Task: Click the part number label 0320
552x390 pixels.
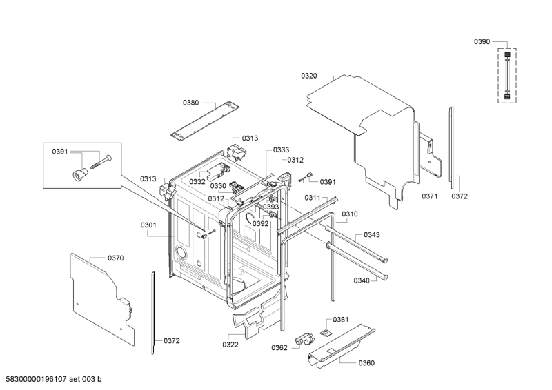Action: (308, 76)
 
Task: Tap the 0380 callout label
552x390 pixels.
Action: (190, 103)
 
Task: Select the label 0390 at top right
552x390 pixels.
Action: (482, 41)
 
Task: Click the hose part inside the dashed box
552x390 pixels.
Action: (507, 76)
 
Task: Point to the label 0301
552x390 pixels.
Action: (148, 225)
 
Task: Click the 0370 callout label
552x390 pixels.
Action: (115, 258)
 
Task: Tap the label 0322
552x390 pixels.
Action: (230, 345)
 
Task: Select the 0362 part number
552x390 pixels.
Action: (279, 348)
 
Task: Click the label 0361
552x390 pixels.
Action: (340, 319)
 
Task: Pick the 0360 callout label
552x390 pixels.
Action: (366, 363)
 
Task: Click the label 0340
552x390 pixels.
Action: (362, 280)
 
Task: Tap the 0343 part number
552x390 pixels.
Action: (372, 234)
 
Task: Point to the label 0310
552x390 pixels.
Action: (350, 214)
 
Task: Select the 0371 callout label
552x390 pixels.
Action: (429, 196)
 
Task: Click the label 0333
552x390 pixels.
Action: (281, 150)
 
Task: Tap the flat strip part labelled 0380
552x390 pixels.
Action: (205, 120)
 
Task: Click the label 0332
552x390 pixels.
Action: (197, 182)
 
